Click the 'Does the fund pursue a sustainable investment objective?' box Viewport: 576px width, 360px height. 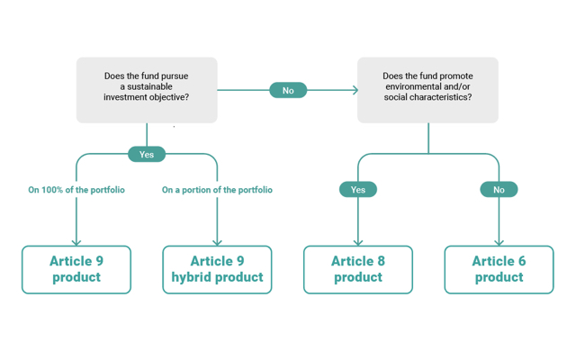coord(147,90)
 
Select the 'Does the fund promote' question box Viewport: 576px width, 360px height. coord(427,90)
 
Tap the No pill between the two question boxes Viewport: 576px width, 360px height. coord(288,90)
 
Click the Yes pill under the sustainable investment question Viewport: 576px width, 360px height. coord(147,154)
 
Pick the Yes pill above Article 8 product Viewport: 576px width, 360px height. coord(358,190)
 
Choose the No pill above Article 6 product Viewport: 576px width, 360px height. coord(499,190)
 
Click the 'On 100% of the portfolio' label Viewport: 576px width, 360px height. coord(76,190)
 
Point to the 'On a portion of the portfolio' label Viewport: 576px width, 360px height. coord(217,190)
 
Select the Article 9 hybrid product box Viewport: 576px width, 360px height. coord(217,270)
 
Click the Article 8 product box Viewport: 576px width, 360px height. coord(358,270)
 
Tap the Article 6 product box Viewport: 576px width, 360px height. coord(499,270)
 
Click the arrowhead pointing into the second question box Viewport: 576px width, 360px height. coord(355,90)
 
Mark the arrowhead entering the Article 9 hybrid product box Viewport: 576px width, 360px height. coord(217,243)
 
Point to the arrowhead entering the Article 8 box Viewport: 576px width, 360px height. coord(358,243)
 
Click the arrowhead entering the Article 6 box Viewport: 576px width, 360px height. coord(499,243)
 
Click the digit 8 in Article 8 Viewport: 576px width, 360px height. coord(381,261)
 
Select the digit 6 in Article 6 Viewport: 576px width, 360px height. coord(522,261)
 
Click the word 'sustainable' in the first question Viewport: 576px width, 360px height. coord(149,86)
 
